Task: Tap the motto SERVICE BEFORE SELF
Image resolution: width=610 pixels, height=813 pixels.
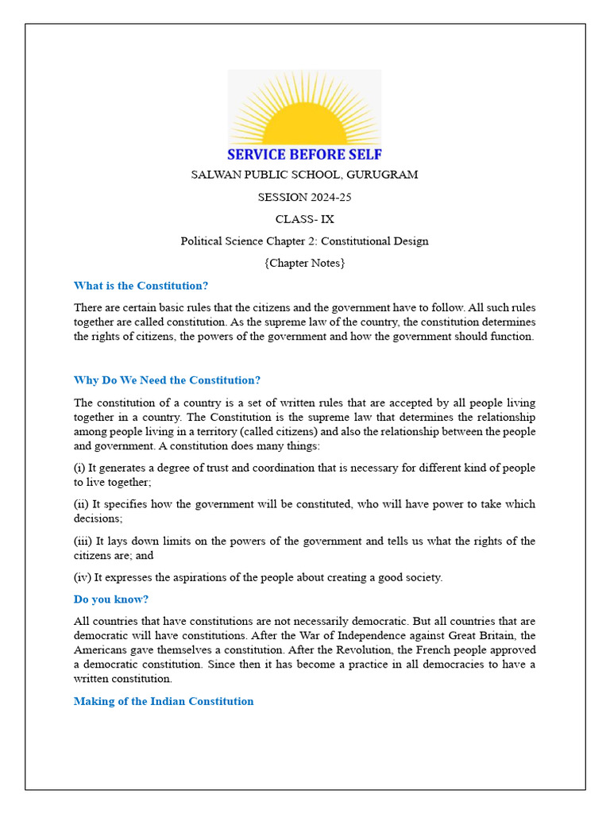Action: tap(304, 154)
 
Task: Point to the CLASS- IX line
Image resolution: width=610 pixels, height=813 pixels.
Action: tap(304, 219)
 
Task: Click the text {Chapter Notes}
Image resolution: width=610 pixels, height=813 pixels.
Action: tap(304, 263)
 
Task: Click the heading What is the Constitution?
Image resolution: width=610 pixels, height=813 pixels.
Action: tap(141, 286)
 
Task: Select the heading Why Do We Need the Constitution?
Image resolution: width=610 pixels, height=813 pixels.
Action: tap(167, 380)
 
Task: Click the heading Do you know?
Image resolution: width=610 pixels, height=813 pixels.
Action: tap(111, 599)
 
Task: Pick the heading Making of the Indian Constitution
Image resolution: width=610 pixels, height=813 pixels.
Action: tap(164, 701)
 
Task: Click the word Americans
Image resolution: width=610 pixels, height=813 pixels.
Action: tap(101, 649)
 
